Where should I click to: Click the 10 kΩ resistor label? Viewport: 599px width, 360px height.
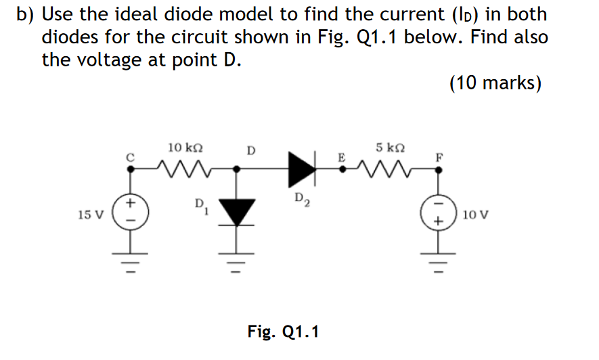point(184,148)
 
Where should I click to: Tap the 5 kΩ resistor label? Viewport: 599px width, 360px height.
point(391,148)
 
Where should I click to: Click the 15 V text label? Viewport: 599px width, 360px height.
point(91,215)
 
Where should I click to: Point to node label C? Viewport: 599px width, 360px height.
point(129,156)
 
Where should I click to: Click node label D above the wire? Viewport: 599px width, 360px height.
point(250,150)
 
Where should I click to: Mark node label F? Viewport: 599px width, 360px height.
point(439,156)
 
